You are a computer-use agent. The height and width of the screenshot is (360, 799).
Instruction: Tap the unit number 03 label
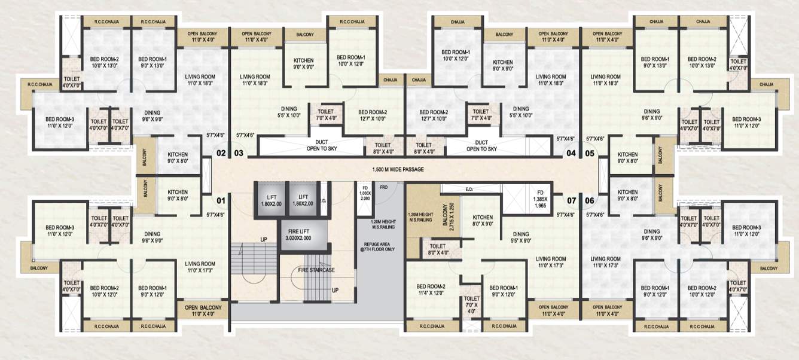(x=239, y=154)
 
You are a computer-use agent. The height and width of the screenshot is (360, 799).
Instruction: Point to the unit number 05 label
(x=589, y=154)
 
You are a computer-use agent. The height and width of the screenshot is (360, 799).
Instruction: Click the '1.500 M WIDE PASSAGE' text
(x=398, y=169)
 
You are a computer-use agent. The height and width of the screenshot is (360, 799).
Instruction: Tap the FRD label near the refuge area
(x=383, y=188)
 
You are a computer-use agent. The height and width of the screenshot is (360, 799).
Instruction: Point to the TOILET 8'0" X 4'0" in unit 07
(x=437, y=249)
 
